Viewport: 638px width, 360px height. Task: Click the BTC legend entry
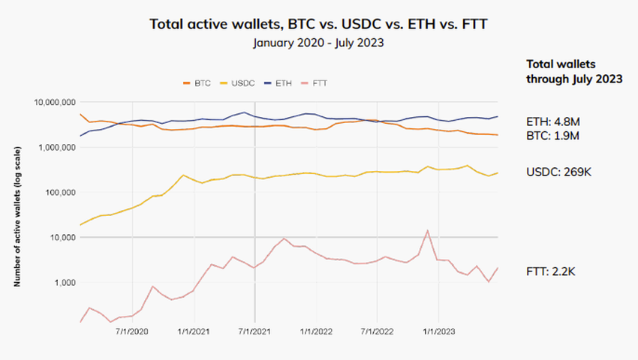pos(197,82)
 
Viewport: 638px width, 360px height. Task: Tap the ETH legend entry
pos(278,82)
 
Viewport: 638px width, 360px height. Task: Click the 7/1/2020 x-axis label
pos(132,331)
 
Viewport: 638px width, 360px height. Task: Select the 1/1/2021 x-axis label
pos(193,331)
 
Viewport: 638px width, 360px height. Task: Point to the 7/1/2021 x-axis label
pos(254,331)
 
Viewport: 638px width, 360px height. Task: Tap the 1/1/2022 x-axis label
pos(316,331)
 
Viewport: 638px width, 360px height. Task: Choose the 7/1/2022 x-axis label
pos(378,331)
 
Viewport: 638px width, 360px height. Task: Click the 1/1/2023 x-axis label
pos(438,331)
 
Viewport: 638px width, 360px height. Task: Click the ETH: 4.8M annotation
pos(554,121)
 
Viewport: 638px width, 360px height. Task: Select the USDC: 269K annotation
pos(559,172)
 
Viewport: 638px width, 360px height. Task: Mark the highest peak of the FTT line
pos(427,230)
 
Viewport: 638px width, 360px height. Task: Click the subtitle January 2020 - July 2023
pos(318,43)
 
